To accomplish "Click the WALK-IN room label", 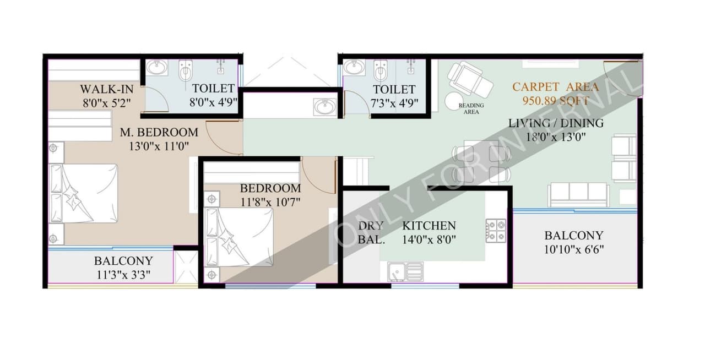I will (107, 89).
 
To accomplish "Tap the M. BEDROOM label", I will (159, 132).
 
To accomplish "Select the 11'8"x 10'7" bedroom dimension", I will (270, 201).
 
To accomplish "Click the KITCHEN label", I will (429, 226).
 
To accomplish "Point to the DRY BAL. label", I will (371, 233).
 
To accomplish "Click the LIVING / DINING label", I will (555, 123).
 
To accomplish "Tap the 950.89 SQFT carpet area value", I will (556, 101).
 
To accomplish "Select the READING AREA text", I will (471, 108).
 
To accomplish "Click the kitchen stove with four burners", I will (495, 231).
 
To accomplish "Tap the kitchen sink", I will (405, 271).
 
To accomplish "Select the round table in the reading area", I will (455, 101).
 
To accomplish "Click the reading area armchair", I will (470, 79).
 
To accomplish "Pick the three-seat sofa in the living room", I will (578, 194).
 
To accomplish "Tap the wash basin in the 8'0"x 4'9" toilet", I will (157, 68).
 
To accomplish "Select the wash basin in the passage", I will (325, 106).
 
